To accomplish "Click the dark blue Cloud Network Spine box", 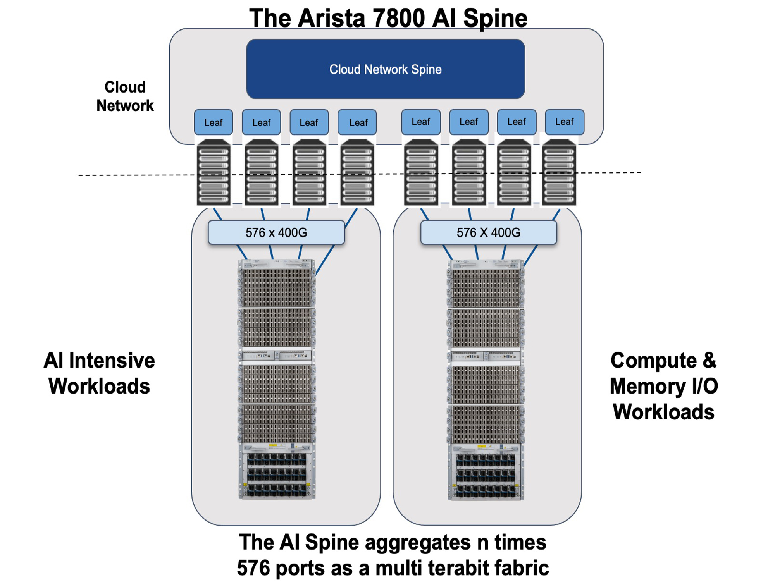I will coord(385,69).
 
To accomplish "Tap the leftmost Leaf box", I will coord(213,122).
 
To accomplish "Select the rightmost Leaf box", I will coord(564,122).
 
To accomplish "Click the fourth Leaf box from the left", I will coord(357,122).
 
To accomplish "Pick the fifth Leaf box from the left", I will coord(421,122).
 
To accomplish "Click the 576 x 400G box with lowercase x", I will coord(276,232).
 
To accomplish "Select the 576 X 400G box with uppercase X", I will coord(488,232).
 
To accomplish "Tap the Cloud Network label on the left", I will coord(125,96).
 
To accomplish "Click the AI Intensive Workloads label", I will coord(99,373).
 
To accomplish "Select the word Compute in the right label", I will coord(653,360).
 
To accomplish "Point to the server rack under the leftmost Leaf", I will coord(214,173).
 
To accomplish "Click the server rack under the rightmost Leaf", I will coord(559,173).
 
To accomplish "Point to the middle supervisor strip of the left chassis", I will coord(276,355).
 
